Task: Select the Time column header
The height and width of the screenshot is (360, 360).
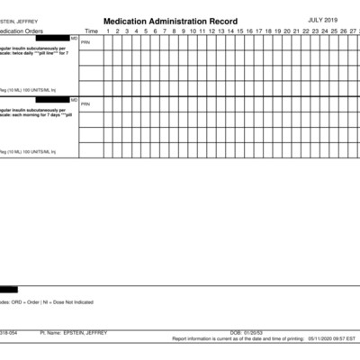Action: pyautogui.click(x=91, y=31)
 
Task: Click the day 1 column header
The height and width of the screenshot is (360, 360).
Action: pyautogui.click(x=107, y=31)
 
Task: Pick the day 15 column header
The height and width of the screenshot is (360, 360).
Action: pyautogui.click(x=239, y=31)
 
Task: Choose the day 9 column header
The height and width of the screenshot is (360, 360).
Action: pyautogui.click(x=183, y=31)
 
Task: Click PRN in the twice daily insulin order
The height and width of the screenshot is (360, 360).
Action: pyautogui.click(x=85, y=42)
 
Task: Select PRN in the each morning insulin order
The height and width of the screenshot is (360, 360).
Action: pyautogui.click(x=85, y=104)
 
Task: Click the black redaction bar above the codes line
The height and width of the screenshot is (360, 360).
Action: pyautogui.click(x=9, y=289)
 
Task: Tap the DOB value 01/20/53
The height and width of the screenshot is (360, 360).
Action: pyautogui.click(x=254, y=333)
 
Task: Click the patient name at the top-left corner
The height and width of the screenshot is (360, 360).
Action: pyautogui.click(x=18, y=19)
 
